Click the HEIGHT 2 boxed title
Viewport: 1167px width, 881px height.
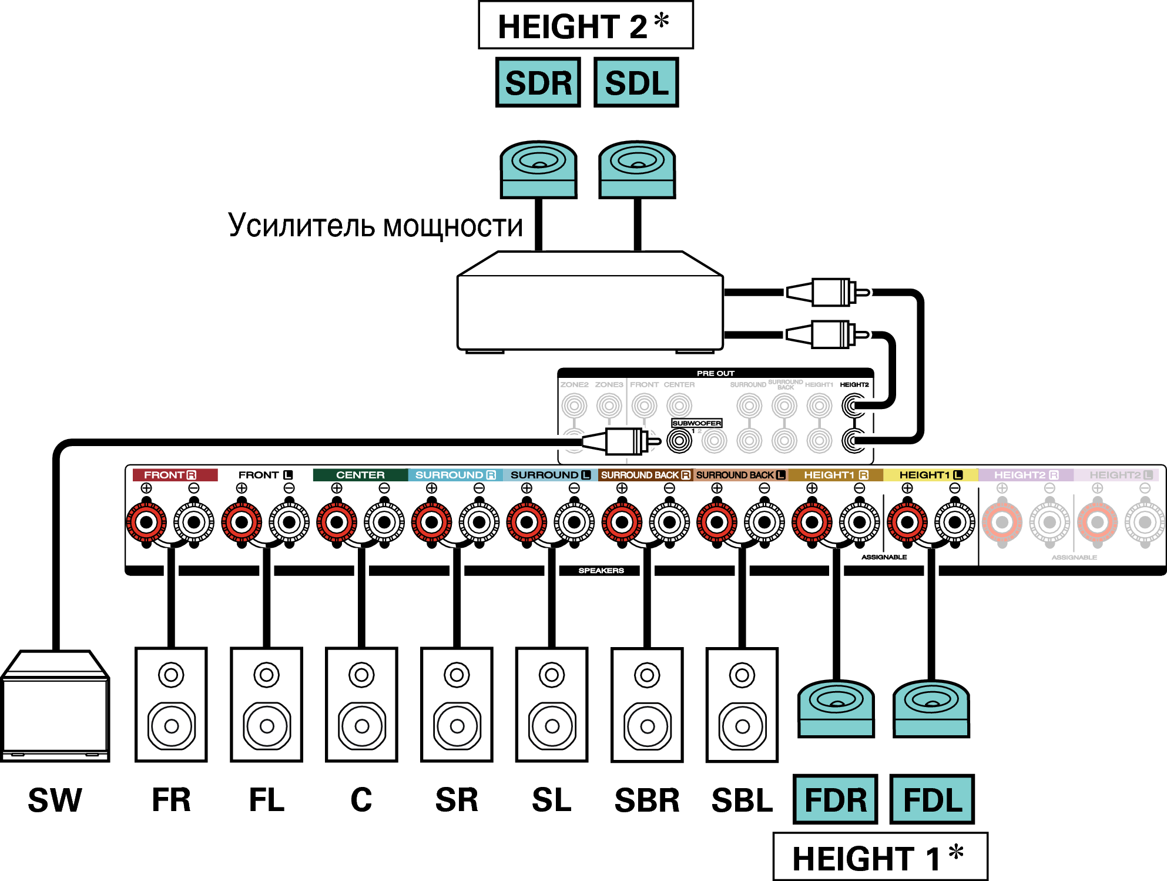585,26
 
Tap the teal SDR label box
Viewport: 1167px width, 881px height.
538,82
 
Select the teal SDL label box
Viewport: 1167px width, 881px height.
636,82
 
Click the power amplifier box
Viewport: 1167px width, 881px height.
590,303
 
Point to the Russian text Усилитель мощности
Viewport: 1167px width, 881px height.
375,226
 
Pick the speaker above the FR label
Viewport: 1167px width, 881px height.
171,705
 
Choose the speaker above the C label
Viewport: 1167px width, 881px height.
361,705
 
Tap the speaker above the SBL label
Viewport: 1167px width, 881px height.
742,705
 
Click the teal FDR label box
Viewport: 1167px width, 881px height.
835,799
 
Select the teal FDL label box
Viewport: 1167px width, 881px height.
932,799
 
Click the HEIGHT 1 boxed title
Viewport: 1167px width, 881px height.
880,857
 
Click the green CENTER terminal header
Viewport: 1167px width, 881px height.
360,475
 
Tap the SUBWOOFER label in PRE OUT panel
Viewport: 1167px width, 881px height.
696,423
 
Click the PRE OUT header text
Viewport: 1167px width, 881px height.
715,373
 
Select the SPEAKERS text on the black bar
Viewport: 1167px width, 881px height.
601,571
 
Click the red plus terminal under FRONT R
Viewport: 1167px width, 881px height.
146,522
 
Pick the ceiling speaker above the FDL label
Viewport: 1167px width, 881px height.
931,709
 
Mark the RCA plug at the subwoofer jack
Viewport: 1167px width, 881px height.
625,441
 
